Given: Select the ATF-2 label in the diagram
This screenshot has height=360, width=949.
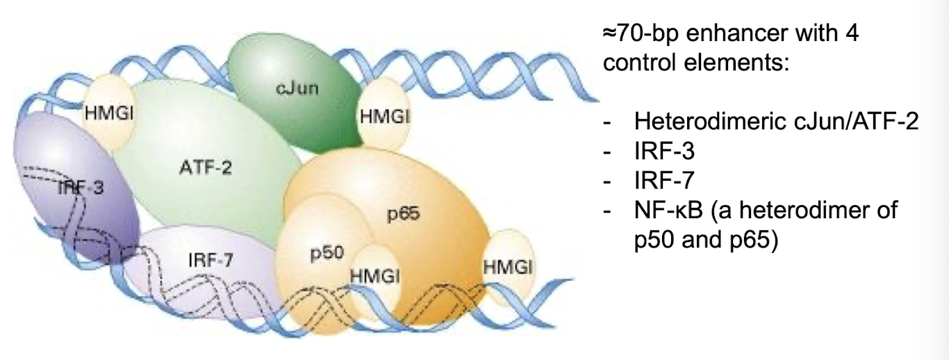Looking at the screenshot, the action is coord(196,167).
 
